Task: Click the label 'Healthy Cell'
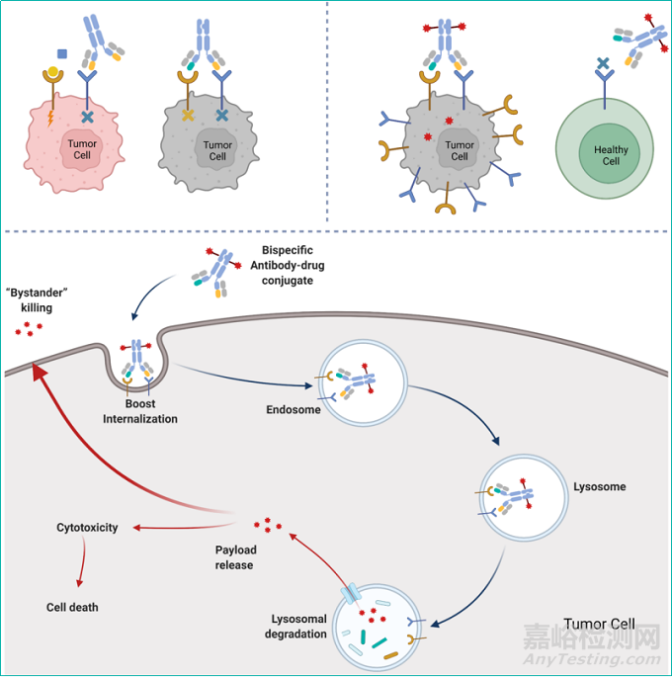[605, 156]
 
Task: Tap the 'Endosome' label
[294, 410]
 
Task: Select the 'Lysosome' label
[599, 487]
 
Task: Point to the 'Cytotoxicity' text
[87, 528]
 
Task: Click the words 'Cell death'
[73, 607]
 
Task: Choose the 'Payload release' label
[234, 556]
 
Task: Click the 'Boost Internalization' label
[140, 411]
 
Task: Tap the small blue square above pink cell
[62, 53]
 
